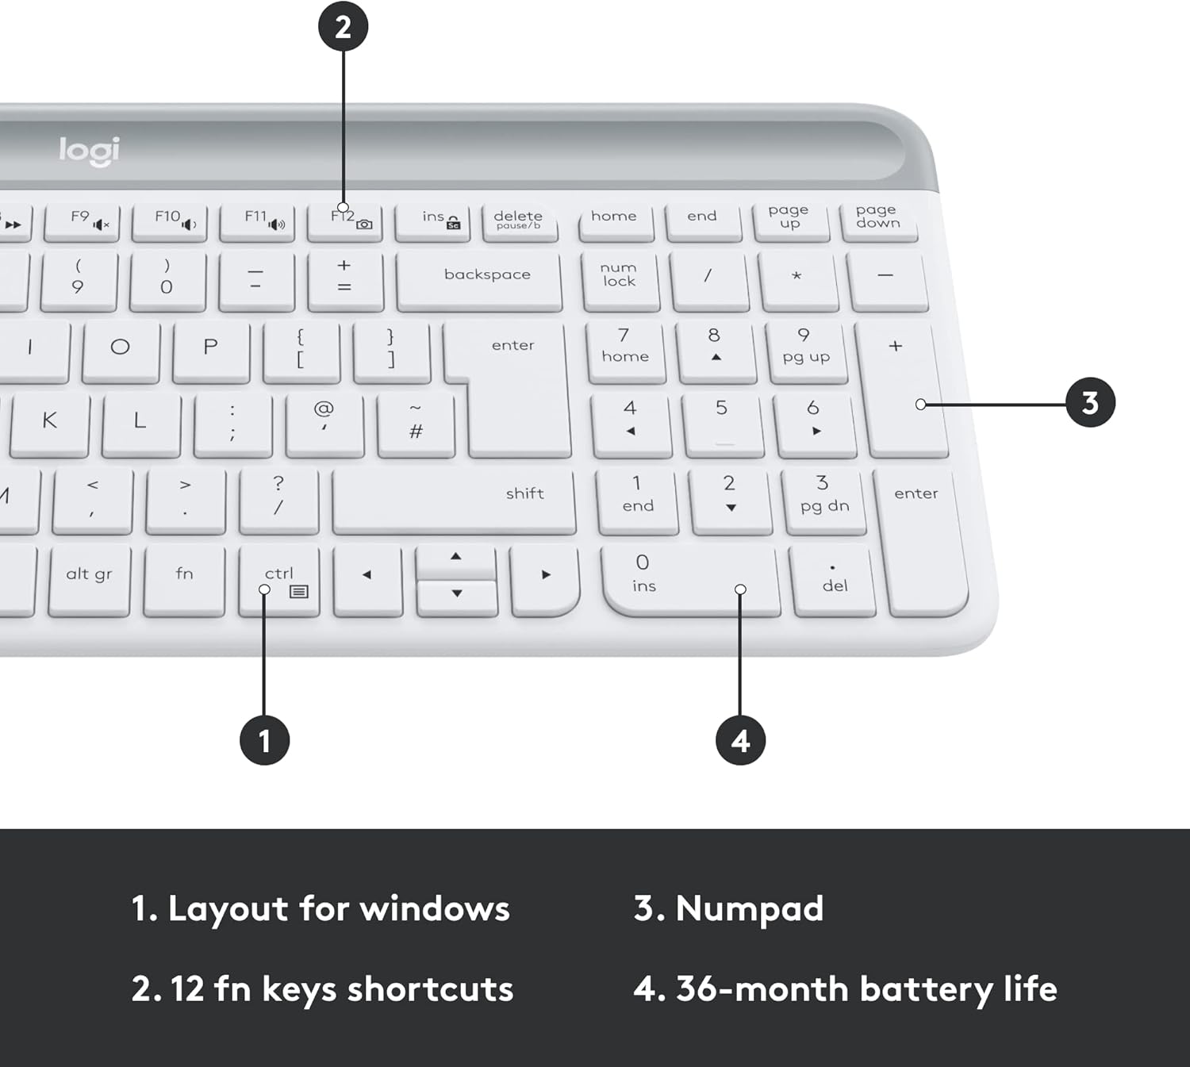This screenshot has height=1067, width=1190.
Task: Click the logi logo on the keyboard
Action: click(x=90, y=152)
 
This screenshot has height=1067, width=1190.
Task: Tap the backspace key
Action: click(x=479, y=282)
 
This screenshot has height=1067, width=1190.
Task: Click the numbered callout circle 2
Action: click(x=343, y=26)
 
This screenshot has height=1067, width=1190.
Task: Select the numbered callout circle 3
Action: click(x=1090, y=403)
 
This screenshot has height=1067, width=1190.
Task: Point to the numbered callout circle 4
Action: click(x=740, y=740)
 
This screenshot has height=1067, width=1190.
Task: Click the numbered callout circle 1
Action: click(x=264, y=740)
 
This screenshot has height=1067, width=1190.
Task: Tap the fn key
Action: click(x=184, y=581)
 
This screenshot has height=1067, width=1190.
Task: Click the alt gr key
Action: click(x=90, y=581)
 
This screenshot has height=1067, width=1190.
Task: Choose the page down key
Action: click(x=879, y=222)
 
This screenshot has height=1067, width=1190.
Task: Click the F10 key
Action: click(x=170, y=223)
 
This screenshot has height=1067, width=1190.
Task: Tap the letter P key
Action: click(x=212, y=352)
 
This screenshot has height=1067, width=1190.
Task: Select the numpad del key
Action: click(x=833, y=581)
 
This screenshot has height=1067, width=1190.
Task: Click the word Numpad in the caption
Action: click(x=750, y=910)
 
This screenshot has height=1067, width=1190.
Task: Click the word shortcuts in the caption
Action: click(x=430, y=988)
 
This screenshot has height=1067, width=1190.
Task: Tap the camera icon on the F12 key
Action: click(x=364, y=225)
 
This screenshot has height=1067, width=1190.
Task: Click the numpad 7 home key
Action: click(x=625, y=352)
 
